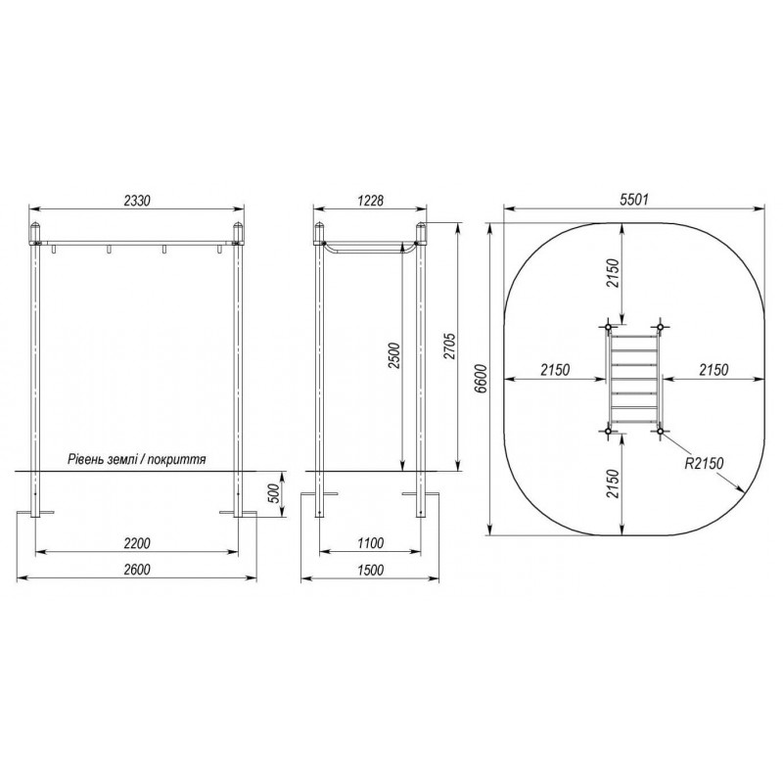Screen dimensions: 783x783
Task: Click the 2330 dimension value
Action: (x=137, y=201)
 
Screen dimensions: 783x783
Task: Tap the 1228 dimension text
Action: (x=371, y=201)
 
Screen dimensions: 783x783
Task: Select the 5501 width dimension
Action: (x=633, y=200)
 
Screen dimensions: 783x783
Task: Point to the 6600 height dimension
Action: (x=482, y=379)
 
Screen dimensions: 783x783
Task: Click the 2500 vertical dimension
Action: (x=394, y=355)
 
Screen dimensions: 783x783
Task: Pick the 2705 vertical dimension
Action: (x=450, y=345)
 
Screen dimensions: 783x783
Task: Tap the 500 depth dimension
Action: (x=274, y=494)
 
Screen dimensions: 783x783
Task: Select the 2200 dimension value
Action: (x=136, y=543)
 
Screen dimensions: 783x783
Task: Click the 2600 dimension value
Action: (x=136, y=570)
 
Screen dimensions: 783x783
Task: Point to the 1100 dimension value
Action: (x=371, y=543)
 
